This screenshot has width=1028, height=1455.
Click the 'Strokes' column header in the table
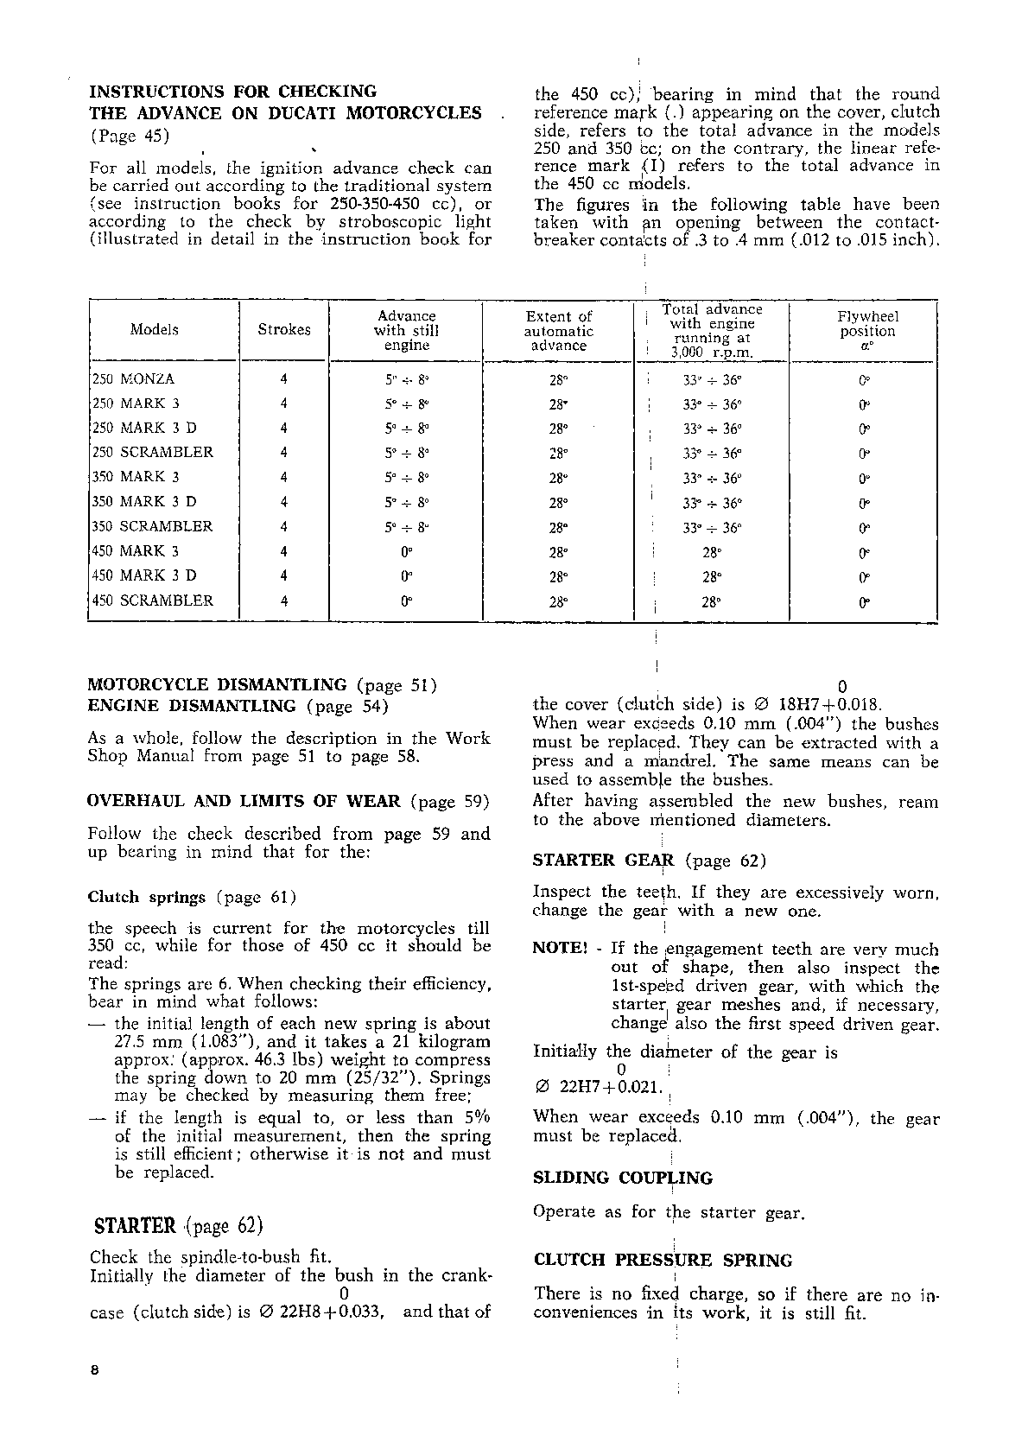pyautogui.click(x=284, y=330)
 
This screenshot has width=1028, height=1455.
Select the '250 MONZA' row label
pyautogui.click(x=134, y=379)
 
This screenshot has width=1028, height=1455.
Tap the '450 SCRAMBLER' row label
pyautogui.click(x=153, y=601)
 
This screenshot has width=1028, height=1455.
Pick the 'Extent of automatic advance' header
pyautogui.click(x=559, y=331)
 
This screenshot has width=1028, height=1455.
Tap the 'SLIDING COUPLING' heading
pyautogui.click(x=623, y=1179)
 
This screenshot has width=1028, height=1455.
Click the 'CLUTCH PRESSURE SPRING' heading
pyautogui.click(x=663, y=1261)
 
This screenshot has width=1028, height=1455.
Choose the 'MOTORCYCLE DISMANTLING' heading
pyautogui.click(x=218, y=685)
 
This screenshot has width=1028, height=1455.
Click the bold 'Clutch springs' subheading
pyautogui.click(x=147, y=897)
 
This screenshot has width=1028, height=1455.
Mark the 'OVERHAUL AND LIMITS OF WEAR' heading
pyautogui.click(x=244, y=801)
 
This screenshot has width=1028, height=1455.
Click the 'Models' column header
pyautogui.click(x=155, y=330)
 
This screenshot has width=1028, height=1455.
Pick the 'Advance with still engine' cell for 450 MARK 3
pyautogui.click(x=407, y=552)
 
